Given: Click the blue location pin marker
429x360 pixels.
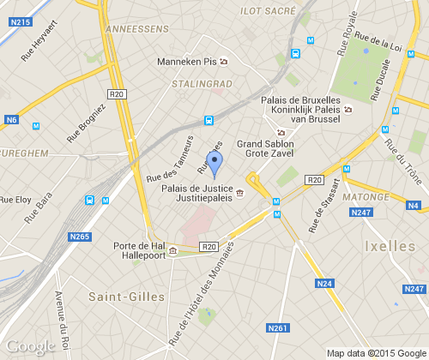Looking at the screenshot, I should click(215, 163).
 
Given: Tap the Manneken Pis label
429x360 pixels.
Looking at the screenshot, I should click(186, 62).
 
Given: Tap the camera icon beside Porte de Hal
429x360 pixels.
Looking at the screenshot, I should click(172, 251).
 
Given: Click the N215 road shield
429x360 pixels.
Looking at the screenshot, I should click(22, 21).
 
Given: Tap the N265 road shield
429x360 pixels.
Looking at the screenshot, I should click(80, 237).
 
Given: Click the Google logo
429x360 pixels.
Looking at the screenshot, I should click(29, 346).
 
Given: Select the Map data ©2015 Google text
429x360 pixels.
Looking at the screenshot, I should click(376, 352).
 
